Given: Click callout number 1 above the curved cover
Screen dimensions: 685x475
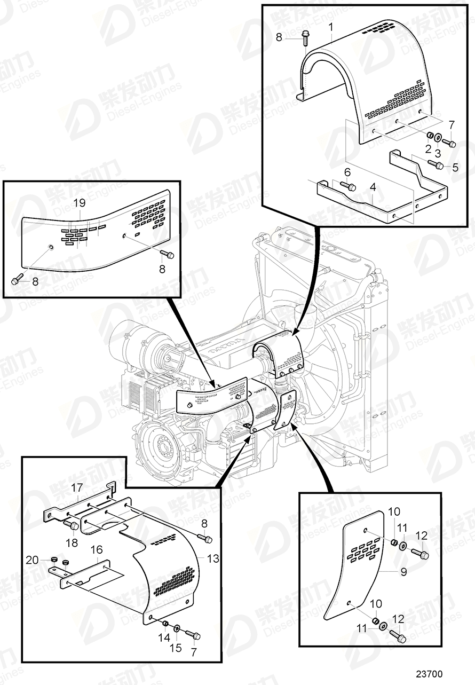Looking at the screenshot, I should pos(331,26).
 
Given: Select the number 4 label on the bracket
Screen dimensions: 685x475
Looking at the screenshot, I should pos(373,187).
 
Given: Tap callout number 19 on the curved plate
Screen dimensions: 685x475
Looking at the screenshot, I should pos(79,203).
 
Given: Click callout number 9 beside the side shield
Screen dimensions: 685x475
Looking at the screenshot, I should pos(403,572).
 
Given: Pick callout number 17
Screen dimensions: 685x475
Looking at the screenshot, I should pos(77,487).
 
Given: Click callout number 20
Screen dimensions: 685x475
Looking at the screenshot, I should pos(33,560).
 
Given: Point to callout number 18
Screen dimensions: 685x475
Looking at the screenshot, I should pos(72,543).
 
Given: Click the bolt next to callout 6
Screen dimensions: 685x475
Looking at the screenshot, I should pos(349,186).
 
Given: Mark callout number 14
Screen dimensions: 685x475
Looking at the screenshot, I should pos(164,637).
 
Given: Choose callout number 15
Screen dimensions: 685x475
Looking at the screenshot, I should pos(176,648).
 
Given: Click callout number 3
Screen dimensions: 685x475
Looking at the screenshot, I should pos(438,152).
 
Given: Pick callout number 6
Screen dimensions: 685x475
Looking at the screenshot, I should pos(347,172).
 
